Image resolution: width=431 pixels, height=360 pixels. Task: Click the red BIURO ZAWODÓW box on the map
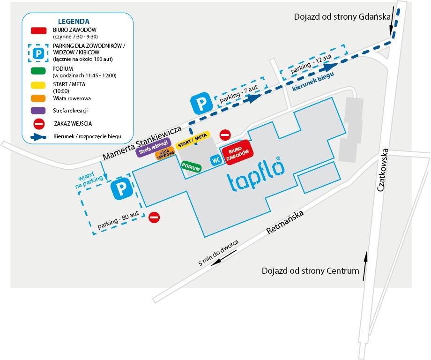coord(238,152)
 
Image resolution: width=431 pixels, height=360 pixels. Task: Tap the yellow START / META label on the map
coord(193,140)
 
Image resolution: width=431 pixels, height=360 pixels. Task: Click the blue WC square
coord(216,160)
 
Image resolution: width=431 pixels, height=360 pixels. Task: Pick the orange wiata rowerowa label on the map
coord(165,153)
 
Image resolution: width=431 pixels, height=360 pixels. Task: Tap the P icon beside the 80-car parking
coord(121,188)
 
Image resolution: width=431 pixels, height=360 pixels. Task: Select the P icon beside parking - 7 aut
coord(201,104)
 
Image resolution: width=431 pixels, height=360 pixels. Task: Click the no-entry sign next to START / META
coord(225,135)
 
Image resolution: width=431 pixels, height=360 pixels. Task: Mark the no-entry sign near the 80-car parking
coord(154,217)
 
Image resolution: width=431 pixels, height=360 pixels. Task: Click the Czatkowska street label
coord(382,170)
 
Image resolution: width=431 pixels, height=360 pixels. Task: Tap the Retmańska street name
coord(285,222)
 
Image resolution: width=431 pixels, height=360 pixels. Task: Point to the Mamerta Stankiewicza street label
coord(142,143)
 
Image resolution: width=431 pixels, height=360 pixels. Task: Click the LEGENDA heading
coord(74,22)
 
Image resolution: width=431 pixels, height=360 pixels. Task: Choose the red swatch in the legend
coord(38,30)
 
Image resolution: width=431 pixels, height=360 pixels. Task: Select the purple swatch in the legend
coord(38,110)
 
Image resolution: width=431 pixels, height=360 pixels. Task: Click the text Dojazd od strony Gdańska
coord(342,17)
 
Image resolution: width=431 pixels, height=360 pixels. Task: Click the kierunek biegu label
coord(313,81)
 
